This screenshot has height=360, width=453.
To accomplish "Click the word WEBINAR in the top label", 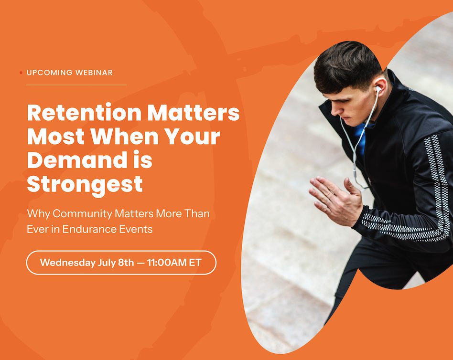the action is pos(94,73).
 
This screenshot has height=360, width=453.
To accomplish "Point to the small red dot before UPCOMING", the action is pos(21,73).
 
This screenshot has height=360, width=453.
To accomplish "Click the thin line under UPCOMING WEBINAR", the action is pos(76,85).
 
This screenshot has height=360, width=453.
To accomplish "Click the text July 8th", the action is pos(116,263).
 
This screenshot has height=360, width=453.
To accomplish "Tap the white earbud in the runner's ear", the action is pos(378,88).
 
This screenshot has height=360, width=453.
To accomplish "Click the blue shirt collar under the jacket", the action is pos(361,136).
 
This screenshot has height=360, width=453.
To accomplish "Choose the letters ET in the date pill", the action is pos(195,263).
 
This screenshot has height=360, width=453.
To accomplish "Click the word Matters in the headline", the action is pos(193,112).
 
